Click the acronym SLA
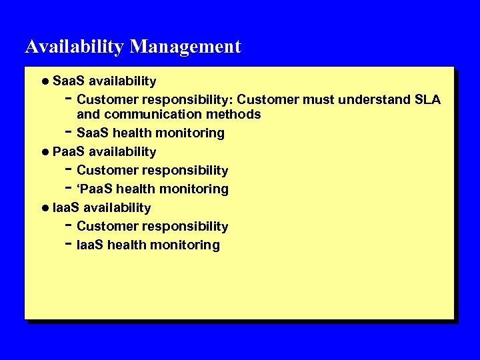(427, 100)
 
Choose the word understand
(374, 100)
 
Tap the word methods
(237, 114)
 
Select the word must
(318, 100)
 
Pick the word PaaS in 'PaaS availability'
(69, 152)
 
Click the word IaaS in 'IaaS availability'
(66, 208)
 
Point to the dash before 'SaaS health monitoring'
(69, 132)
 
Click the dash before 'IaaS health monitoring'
(69, 244)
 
